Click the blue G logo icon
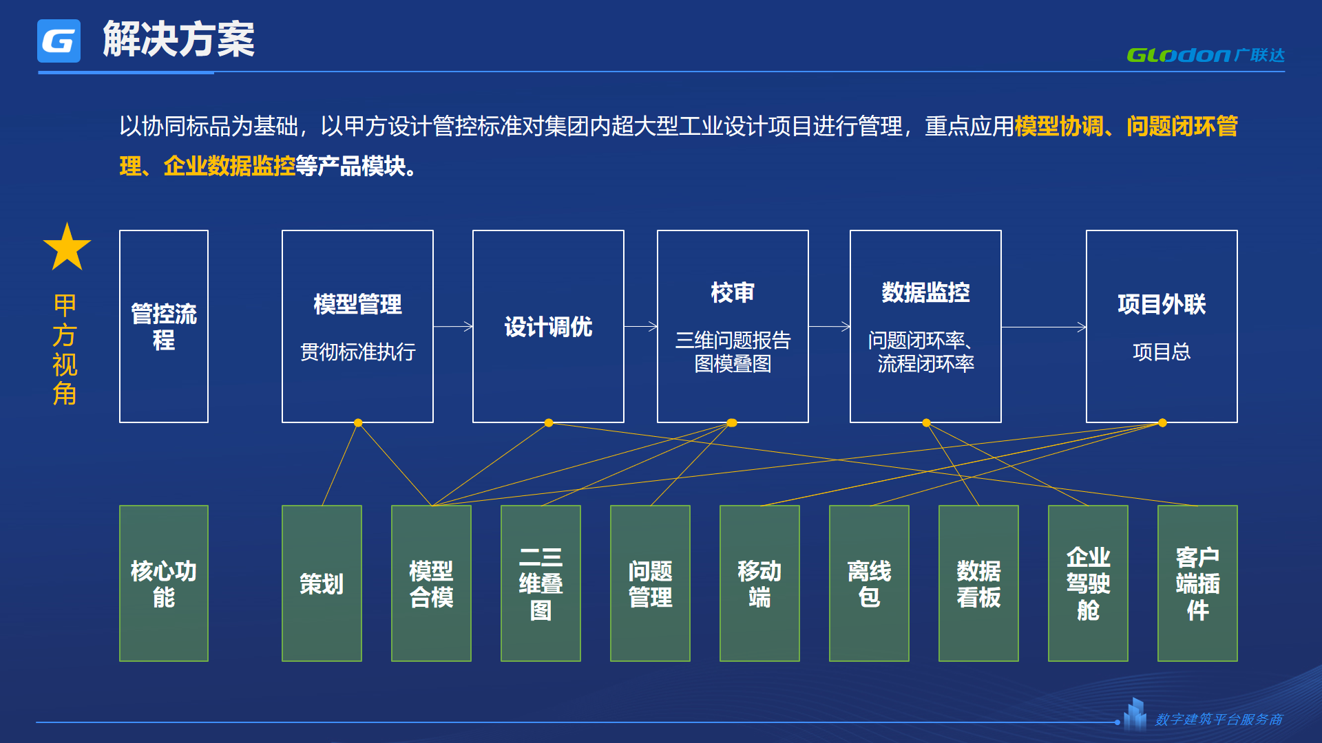pyautogui.click(x=59, y=41)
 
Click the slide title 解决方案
pyautogui.click(x=179, y=39)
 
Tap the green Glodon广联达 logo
pyautogui.click(x=1206, y=55)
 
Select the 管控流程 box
pyautogui.click(x=164, y=326)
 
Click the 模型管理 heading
pyautogui.click(x=357, y=304)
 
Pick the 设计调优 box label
pyautogui.click(x=548, y=327)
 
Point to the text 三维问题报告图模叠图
pyautogui.click(x=733, y=352)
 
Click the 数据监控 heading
pyautogui.click(x=925, y=292)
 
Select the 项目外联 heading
pyautogui.click(x=1162, y=304)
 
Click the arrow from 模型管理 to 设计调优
pyautogui.click(x=453, y=327)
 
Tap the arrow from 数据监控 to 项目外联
pyautogui.click(x=1044, y=327)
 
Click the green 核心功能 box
pyautogui.click(x=164, y=583)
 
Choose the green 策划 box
pyautogui.click(x=322, y=583)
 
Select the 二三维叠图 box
pyautogui.click(x=541, y=583)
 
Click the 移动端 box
pyautogui.click(x=759, y=583)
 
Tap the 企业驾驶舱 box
pyautogui.click(x=1088, y=583)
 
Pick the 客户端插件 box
pyautogui.click(x=1197, y=583)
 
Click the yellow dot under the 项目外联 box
pyautogui.click(x=1162, y=423)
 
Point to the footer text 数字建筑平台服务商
pyautogui.click(x=1219, y=720)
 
